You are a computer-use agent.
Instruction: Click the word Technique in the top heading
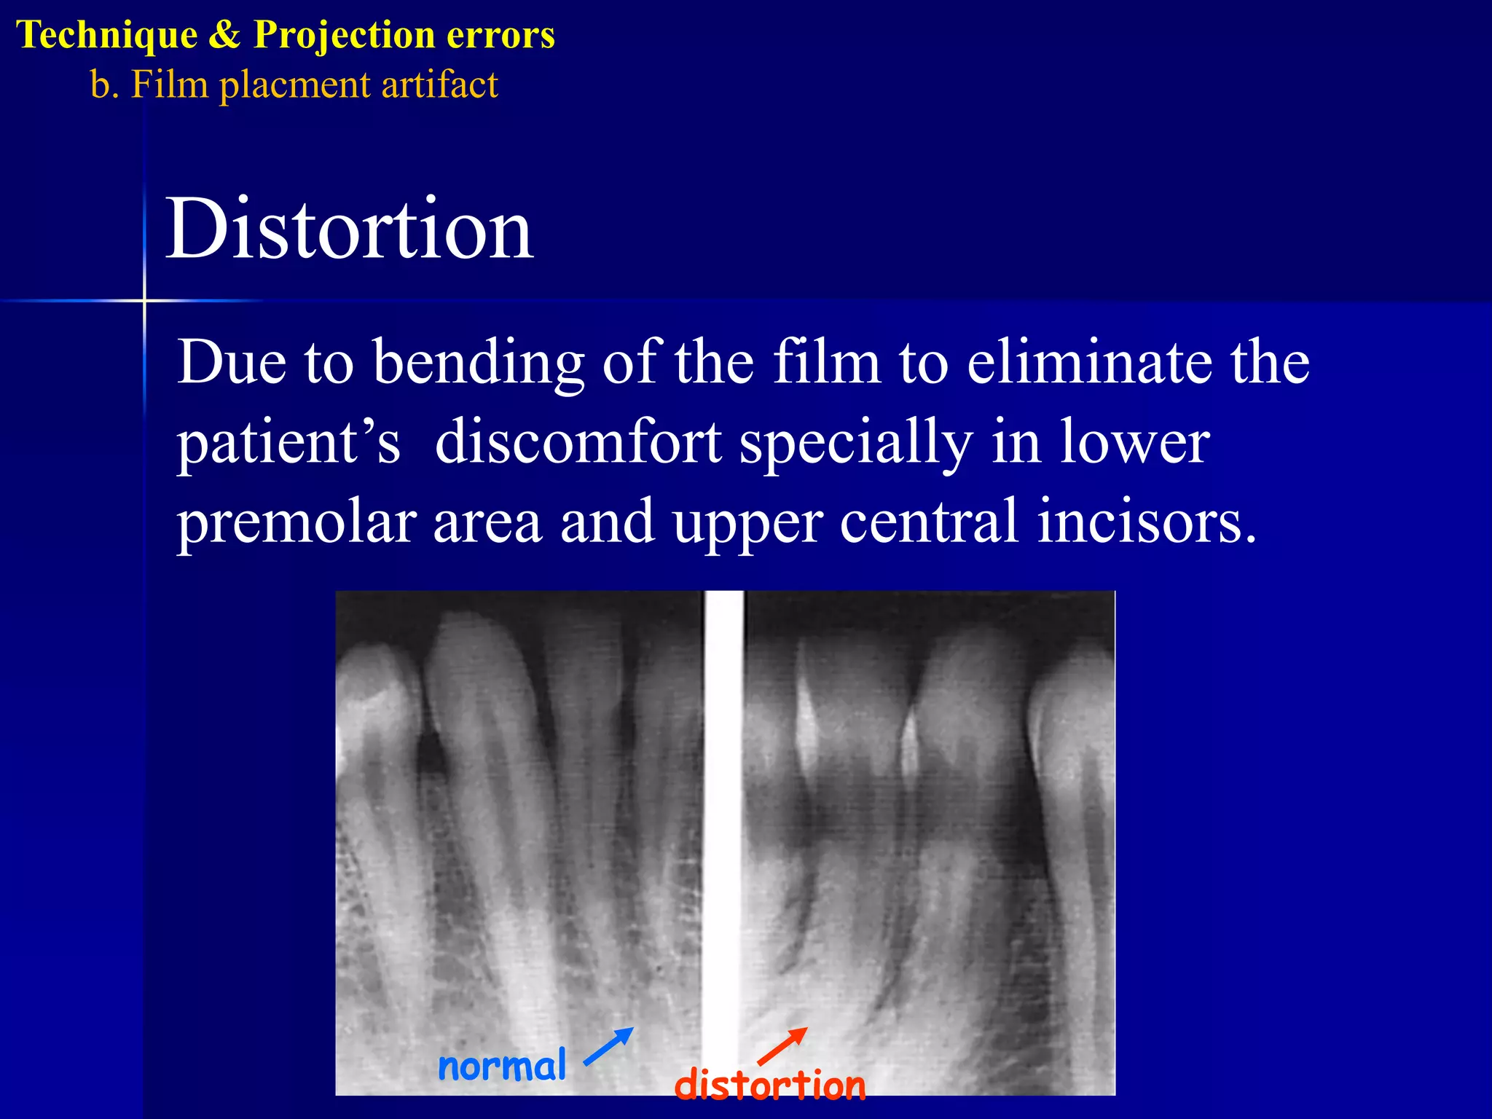click(106, 35)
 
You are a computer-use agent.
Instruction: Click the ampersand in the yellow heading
click(224, 35)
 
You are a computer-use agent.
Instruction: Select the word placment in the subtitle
click(295, 85)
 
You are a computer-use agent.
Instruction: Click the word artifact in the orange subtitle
click(440, 85)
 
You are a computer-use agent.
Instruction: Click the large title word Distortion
click(350, 229)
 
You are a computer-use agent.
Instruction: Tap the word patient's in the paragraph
click(288, 442)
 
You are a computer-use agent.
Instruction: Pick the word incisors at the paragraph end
click(1147, 522)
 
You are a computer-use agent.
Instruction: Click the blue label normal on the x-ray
click(501, 1067)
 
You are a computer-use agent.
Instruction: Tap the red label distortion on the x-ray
click(770, 1085)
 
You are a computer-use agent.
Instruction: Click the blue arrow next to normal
click(609, 1046)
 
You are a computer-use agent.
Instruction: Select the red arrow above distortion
click(782, 1046)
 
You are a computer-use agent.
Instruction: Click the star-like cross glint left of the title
click(144, 300)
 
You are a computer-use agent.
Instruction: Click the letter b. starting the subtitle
click(104, 85)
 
